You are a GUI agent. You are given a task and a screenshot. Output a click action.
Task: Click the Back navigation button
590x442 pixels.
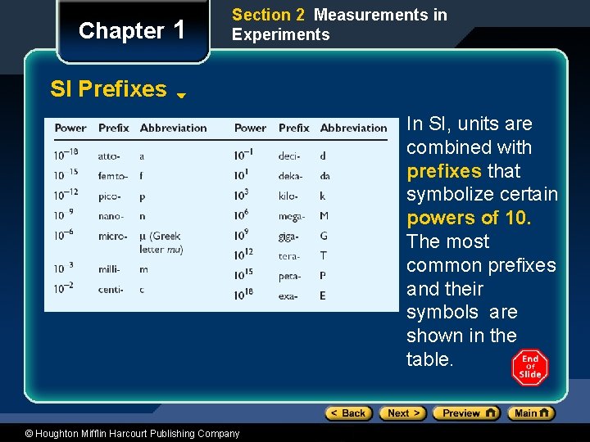(348, 413)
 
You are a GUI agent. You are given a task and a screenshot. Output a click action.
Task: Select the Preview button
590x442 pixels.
(465, 413)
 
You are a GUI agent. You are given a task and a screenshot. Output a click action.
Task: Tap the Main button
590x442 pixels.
(531, 413)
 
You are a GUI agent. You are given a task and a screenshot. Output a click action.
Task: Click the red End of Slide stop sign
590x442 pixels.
(530, 368)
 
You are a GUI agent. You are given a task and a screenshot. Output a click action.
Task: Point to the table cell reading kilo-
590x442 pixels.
(289, 196)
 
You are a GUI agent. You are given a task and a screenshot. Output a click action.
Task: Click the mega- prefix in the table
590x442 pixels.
(292, 216)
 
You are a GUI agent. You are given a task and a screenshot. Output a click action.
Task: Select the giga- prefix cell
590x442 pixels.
(289, 236)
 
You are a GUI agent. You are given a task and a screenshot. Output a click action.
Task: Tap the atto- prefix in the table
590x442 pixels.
(109, 156)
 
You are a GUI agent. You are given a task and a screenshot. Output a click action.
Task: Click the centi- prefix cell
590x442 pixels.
(111, 289)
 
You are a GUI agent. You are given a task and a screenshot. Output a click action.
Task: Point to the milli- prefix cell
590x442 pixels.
(110, 269)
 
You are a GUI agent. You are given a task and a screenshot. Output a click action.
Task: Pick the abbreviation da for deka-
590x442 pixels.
(325, 176)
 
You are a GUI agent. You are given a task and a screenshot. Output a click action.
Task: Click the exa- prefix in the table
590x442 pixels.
(288, 295)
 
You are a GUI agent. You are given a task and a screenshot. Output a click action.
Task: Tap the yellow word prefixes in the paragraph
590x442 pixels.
(443, 171)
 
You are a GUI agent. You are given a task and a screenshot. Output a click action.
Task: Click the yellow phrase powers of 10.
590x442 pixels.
(469, 218)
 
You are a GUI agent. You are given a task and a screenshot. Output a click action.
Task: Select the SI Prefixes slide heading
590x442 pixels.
(108, 89)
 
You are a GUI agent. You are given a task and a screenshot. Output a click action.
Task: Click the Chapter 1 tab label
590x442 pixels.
(131, 31)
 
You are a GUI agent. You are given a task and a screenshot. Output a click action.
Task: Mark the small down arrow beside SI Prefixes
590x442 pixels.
(181, 95)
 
